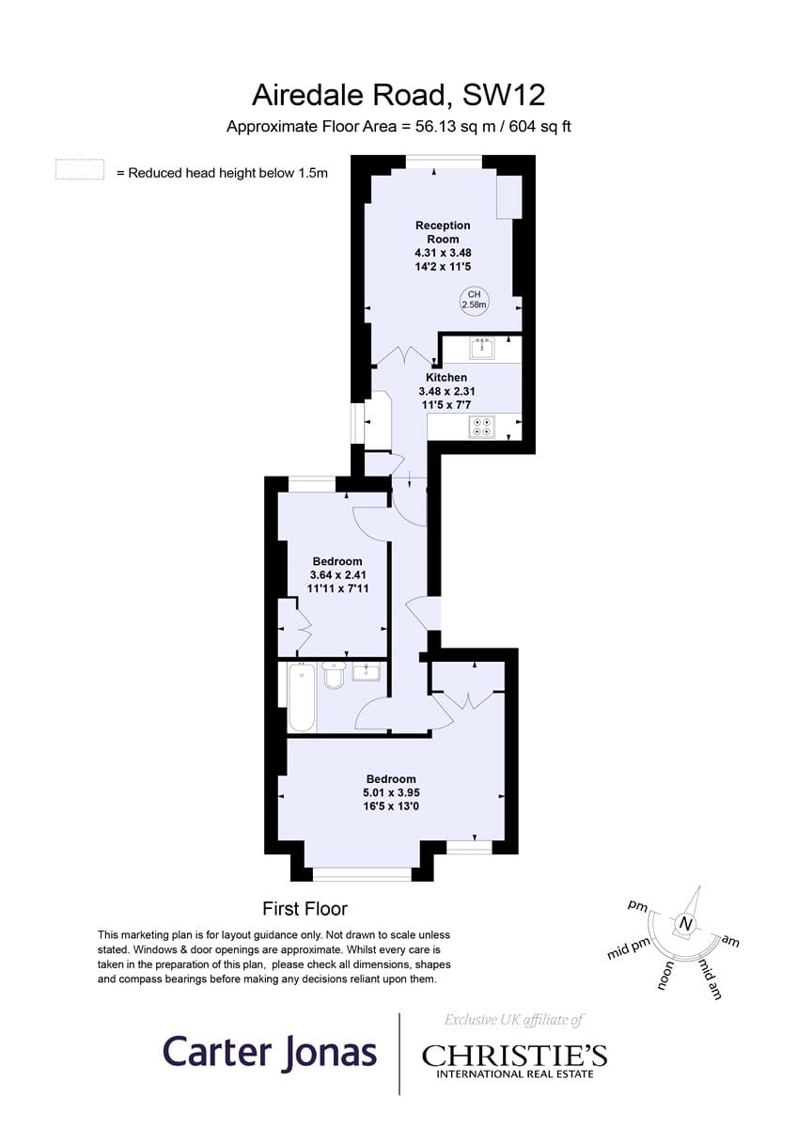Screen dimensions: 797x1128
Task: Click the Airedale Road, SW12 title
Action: click(x=398, y=95)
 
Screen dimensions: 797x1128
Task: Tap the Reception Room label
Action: click(x=443, y=232)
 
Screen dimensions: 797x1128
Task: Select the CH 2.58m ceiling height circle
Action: click(x=475, y=300)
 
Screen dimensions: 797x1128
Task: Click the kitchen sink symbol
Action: click(x=482, y=349)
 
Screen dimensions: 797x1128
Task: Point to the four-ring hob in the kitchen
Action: click(x=482, y=427)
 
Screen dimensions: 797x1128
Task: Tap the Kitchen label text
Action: click(x=446, y=377)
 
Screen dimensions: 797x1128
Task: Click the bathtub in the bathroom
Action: click(x=302, y=697)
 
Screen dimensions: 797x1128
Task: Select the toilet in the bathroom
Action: click(x=334, y=674)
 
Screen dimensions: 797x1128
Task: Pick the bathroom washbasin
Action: click(x=367, y=672)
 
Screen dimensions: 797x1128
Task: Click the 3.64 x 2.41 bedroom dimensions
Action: click(x=337, y=574)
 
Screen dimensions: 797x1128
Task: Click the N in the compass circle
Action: click(x=684, y=924)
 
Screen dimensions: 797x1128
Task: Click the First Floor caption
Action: click(x=305, y=909)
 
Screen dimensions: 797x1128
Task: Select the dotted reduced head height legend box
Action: click(x=80, y=169)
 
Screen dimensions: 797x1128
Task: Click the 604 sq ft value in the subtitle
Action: click(x=540, y=126)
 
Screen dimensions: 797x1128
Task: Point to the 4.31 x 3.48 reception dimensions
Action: click(x=443, y=252)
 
